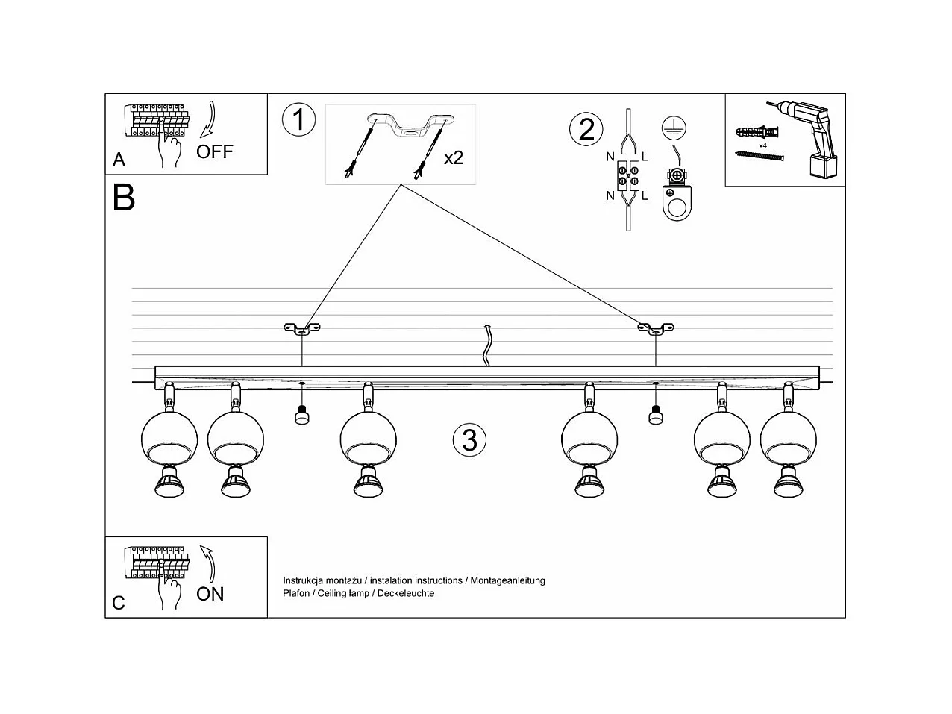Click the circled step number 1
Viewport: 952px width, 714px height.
[298, 120]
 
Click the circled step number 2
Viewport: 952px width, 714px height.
[586, 129]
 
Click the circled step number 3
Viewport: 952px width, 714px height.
[469, 440]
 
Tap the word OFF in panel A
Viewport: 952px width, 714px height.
[215, 152]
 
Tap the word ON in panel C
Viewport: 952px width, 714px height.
[210, 595]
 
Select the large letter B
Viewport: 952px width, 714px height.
[124, 198]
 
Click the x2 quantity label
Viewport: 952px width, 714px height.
[453, 158]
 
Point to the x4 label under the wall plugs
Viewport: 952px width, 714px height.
[763, 146]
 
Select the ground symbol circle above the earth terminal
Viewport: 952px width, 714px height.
[674, 128]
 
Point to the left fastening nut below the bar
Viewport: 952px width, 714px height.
[301, 415]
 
